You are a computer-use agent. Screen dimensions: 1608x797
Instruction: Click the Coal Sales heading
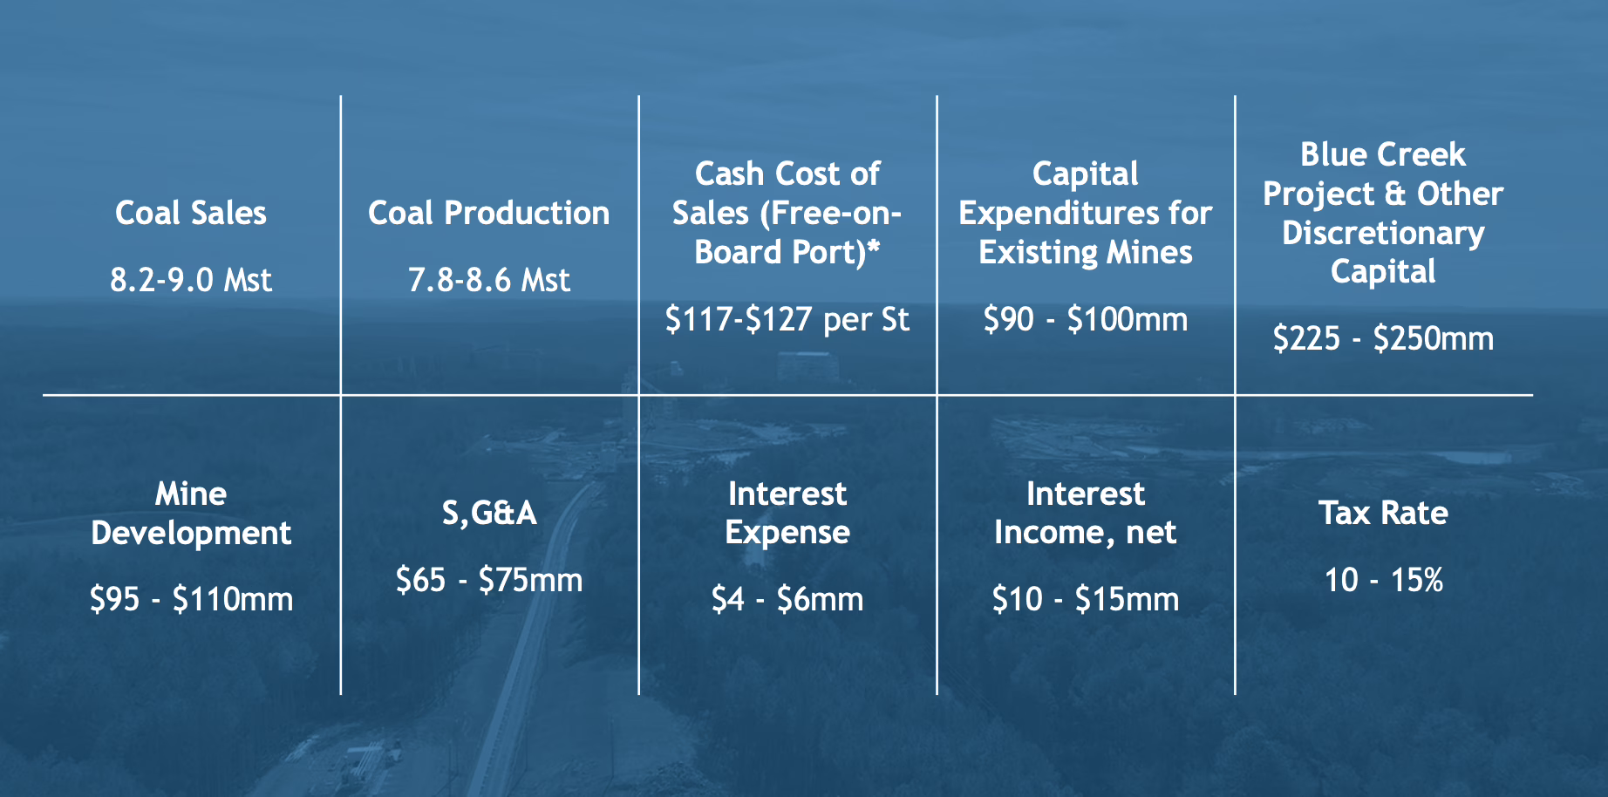(191, 213)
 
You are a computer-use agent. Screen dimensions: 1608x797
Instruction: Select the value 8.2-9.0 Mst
(191, 280)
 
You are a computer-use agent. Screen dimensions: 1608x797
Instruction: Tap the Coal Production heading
(489, 213)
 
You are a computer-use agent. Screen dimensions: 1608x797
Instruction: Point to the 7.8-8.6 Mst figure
(489, 280)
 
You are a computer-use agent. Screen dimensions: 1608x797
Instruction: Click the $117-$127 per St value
(787, 319)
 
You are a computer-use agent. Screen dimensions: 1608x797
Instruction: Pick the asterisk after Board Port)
(873, 245)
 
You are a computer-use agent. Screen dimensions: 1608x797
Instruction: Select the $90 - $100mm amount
(1086, 319)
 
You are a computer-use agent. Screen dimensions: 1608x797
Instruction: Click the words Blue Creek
(1383, 154)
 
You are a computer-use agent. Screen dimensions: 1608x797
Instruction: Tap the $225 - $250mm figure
(1383, 338)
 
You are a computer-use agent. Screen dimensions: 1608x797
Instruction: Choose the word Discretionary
(1383, 233)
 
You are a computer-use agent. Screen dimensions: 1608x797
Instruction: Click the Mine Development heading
(191, 514)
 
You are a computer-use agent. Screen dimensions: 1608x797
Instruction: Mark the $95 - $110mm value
(191, 599)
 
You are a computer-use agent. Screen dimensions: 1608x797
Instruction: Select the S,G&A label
(489, 513)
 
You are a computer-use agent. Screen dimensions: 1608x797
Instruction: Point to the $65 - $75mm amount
(489, 580)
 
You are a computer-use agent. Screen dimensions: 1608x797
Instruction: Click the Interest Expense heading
(787, 513)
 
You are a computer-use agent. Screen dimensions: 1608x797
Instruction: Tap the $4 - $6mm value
(787, 599)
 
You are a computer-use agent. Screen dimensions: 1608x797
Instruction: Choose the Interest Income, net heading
(1086, 513)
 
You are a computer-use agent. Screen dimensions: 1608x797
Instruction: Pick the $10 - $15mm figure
(1086, 599)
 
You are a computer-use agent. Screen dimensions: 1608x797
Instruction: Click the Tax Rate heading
(1383, 513)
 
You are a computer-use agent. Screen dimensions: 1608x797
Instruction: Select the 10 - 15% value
(1383, 580)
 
